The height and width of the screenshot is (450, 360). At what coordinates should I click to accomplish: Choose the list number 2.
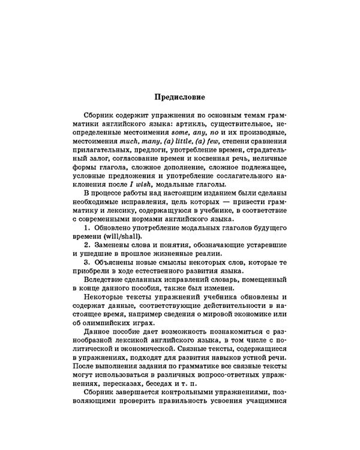point(87,246)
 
